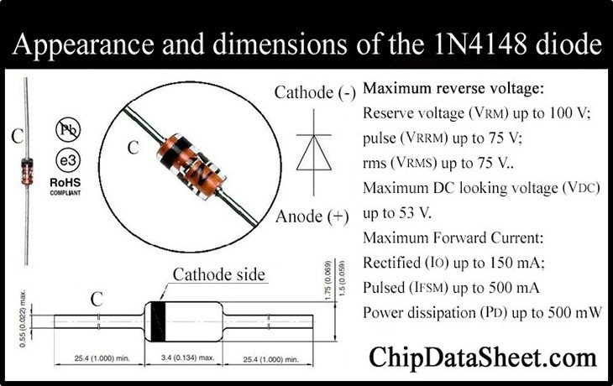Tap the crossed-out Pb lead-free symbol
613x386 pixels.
pos(68,130)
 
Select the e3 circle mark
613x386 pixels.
pos(68,160)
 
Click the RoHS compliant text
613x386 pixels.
pos(65,186)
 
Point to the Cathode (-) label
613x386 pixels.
pos(315,93)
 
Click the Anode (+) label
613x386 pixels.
pos(312,216)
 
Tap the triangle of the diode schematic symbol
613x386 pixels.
pos(314,153)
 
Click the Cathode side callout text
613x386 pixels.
pos(219,274)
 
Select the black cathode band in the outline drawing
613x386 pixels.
pos(158,321)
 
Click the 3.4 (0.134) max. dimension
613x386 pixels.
pos(187,357)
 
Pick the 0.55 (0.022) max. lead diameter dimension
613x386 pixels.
pos(23,318)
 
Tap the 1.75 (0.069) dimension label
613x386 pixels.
pos(328,280)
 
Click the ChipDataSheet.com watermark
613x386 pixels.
pos(483,357)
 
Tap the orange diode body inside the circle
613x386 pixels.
pos(191,166)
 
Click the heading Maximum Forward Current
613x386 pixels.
pos(453,238)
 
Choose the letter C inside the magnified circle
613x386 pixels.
pos(133,148)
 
